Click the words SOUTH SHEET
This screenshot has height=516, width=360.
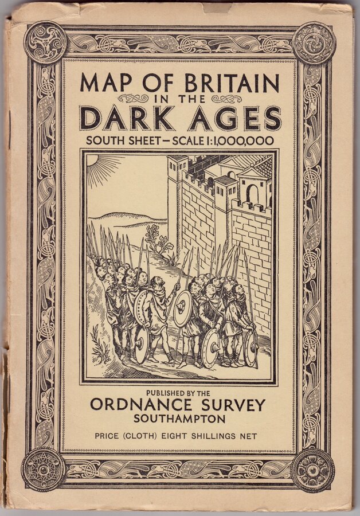tap(129, 140)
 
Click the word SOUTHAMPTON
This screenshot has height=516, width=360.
tap(179, 419)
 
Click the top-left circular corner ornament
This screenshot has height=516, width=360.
tap(46, 42)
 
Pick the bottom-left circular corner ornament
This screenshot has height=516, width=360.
tap(44, 468)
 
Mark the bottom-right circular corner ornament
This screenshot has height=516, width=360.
tap(312, 470)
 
